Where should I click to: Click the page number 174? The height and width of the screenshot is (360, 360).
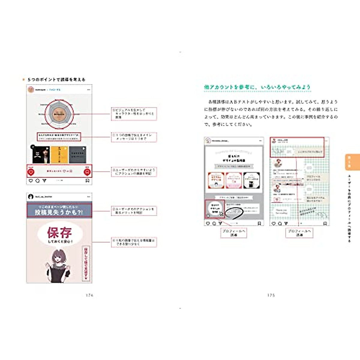click(89, 295)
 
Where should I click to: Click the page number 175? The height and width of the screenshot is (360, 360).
click(271, 295)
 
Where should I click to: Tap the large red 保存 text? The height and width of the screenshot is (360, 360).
click(59, 232)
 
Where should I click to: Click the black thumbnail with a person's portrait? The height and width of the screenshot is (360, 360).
click(41, 155)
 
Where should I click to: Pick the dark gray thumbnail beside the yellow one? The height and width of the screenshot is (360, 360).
click(77, 155)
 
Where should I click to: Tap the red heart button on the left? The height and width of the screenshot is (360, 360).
click(31, 172)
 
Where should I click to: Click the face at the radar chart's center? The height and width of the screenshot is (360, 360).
click(59, 114)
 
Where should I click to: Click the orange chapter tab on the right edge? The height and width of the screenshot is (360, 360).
click(352, 162)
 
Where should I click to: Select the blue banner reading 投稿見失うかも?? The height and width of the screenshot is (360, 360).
click(59, 210)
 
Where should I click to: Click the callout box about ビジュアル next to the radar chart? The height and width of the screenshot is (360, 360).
click(134, 114)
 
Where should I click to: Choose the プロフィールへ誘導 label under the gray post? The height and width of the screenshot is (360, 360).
click(234, 233)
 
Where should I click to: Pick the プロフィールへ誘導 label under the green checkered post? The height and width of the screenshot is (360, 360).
click(299, 233)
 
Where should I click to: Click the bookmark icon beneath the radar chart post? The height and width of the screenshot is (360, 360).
click(87, 181)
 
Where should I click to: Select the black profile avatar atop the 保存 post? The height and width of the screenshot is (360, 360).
click(30, 197)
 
